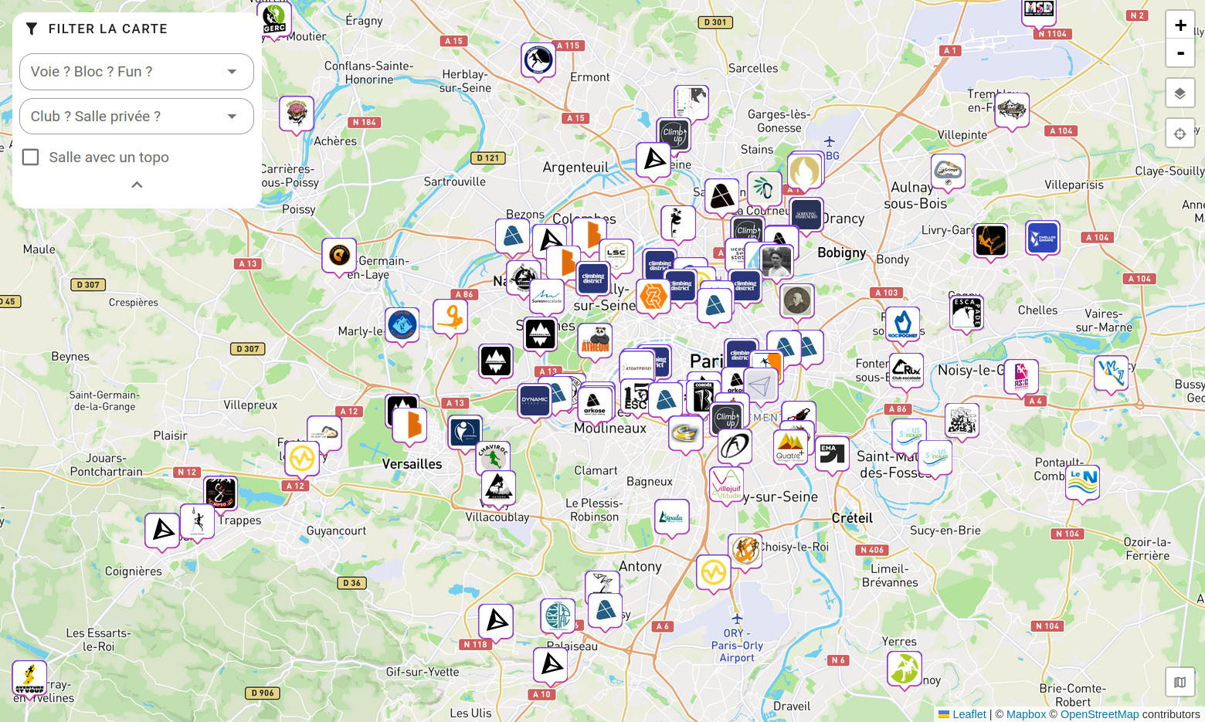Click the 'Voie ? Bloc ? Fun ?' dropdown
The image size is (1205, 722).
[x=136, y=72]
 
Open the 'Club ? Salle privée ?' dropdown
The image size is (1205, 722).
[x=136, y=117]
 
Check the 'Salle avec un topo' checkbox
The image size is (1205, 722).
[x=31, y=158]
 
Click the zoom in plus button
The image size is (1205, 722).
[x=1180, y=25]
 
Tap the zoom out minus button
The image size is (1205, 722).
[x=1180, y=53]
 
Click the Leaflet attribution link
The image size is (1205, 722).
[x=969, y=714]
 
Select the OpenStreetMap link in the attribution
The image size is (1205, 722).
[x=1099, y=714]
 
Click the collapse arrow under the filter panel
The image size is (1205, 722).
[x=137, y=185]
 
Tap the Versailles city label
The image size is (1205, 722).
[x=412, y=464]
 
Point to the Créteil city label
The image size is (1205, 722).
[x=852, y=518]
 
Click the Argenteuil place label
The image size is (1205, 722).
[x=575, y=168]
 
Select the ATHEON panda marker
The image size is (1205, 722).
[x=596, y=340]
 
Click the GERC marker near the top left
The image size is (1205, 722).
[x=274, y=18]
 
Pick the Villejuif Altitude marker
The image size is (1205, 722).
[x=726, y=483]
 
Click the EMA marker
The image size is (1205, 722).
[x=832, y=453]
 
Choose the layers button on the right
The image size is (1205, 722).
[x=1180, y=93]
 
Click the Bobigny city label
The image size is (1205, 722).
[x=841, y=253]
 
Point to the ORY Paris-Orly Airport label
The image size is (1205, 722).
[x=737, y=646]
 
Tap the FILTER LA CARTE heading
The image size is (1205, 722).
[x=107, y=29]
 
